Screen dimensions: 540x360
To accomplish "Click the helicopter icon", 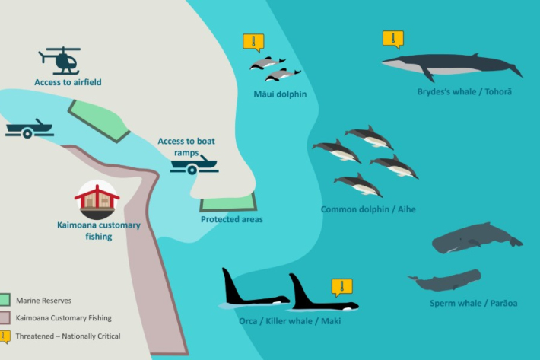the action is (x=59, y=61).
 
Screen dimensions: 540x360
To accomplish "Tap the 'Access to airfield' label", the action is (x=68, y=82).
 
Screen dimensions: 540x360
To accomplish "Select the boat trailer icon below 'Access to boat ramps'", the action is (x=194, y=164).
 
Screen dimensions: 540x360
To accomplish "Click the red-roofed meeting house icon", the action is (x=97, y=199).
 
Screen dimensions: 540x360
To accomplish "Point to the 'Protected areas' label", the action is (x=232, y=219).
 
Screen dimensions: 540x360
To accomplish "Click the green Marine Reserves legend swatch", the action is (x=5, y=300).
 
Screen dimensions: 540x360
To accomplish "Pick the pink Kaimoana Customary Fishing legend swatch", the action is (x=5, y=317).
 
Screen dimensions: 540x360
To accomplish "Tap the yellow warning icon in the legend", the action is (x=5, y=337).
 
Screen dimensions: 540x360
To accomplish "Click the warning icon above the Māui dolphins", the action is (x=253, y=43).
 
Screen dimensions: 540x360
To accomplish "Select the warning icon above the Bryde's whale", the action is (x=393, y=40).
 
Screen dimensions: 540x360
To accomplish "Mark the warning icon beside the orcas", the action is (x=342, y=287).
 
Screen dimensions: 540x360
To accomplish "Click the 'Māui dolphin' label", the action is (x=280, y=94).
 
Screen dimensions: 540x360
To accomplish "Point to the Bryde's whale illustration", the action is (x=453, y=66).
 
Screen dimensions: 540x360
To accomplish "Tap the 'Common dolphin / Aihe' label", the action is (x=368, y=209).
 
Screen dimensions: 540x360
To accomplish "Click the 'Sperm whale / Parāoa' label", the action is (x=474, y=303).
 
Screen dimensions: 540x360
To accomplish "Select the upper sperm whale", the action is (x=478, y=237).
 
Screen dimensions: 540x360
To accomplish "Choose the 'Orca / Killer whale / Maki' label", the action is (x=290, y=321).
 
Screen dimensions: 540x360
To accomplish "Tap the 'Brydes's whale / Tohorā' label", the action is (x=465, y=91).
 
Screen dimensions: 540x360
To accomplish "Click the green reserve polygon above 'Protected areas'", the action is (x=228, y=202).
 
